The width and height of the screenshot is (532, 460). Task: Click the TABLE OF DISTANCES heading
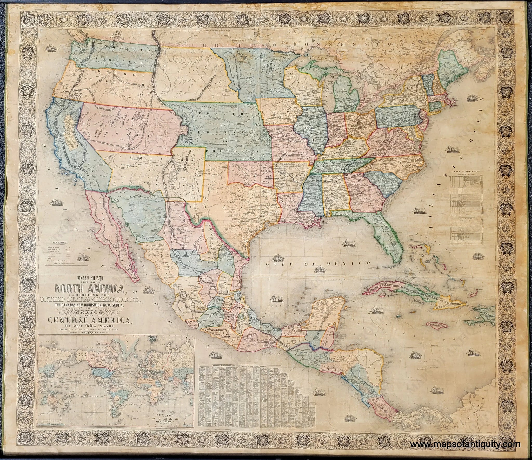tap(466, 172)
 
